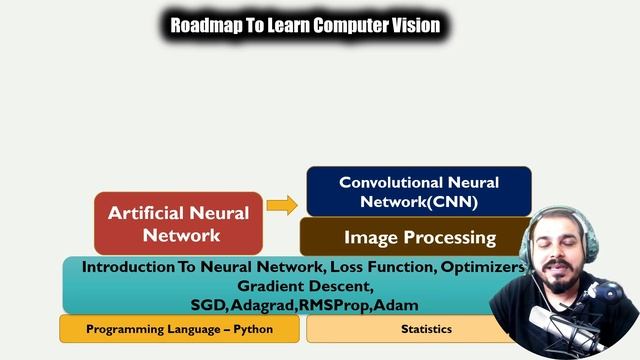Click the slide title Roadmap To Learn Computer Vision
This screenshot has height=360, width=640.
click(305, 25)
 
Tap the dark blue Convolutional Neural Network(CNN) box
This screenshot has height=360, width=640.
click(418, 191)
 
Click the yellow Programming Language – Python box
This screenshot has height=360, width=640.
click(179, 329)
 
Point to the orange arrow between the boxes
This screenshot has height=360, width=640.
click(282, 206)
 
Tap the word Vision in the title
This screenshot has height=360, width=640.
click(413, 25)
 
